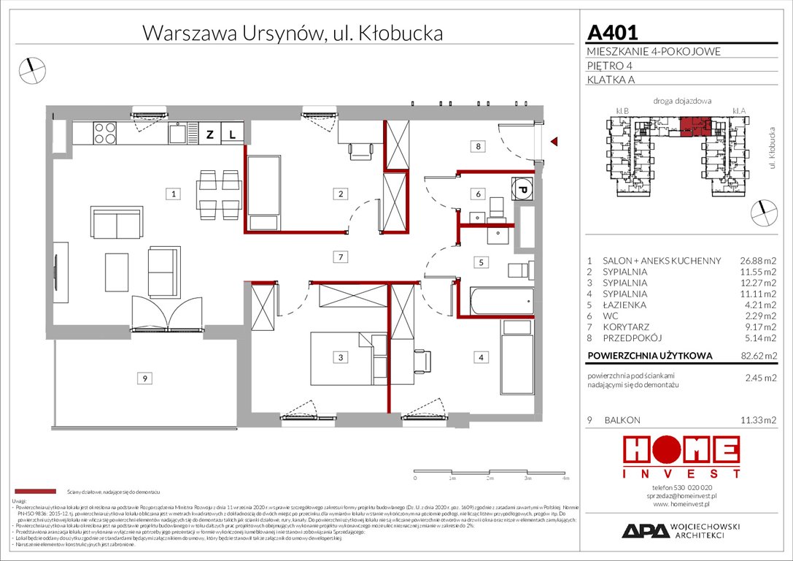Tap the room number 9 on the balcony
click(146, 378)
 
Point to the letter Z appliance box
click(209, 134)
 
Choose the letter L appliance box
click(231, 134)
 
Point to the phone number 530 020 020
click(684, 487)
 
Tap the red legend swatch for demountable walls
click(34, 492)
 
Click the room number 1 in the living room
click(172, 194)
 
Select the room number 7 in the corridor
click(339, 256)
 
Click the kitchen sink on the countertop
click(177, 133)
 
